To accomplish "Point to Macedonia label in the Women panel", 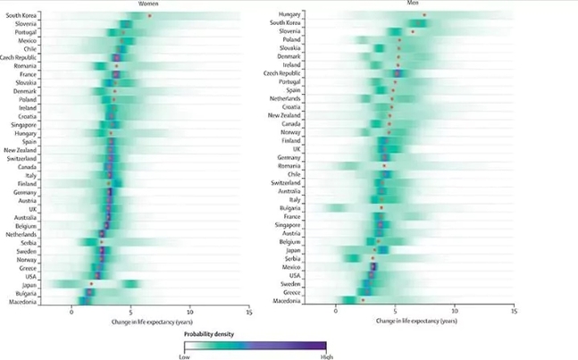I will pos(21,302).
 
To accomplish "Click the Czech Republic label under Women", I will pos(19,57).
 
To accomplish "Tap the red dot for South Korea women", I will pos(150,16).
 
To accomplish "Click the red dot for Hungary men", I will pos(424,15).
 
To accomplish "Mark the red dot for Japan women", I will pos(91,285).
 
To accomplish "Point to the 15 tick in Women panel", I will pos(249,313).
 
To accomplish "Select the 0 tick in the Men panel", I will pos(336,313).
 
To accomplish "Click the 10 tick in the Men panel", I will pos(455,313).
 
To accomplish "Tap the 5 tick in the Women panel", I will pos(130,313).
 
